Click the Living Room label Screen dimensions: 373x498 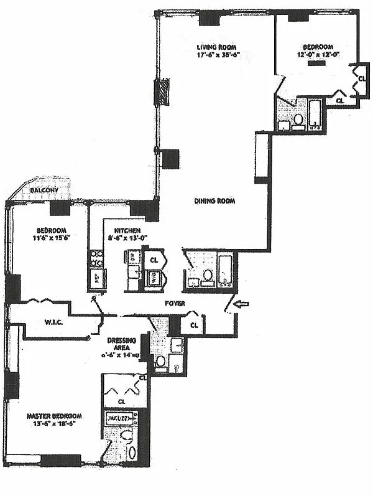coord(218,47)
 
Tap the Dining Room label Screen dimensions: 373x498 coord(214,200)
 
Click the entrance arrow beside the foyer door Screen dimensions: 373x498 coord(243,304)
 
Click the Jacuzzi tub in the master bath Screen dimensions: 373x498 coord(119,418)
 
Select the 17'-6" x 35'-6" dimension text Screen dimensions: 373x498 coord(218,55)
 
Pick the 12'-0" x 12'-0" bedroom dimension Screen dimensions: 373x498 coord(318,54)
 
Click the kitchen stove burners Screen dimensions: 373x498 coord(96,258)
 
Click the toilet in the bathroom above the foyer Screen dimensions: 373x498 coord(208,275)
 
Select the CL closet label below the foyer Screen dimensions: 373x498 coord(195,324)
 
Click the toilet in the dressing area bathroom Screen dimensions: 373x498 coord(160,361)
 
